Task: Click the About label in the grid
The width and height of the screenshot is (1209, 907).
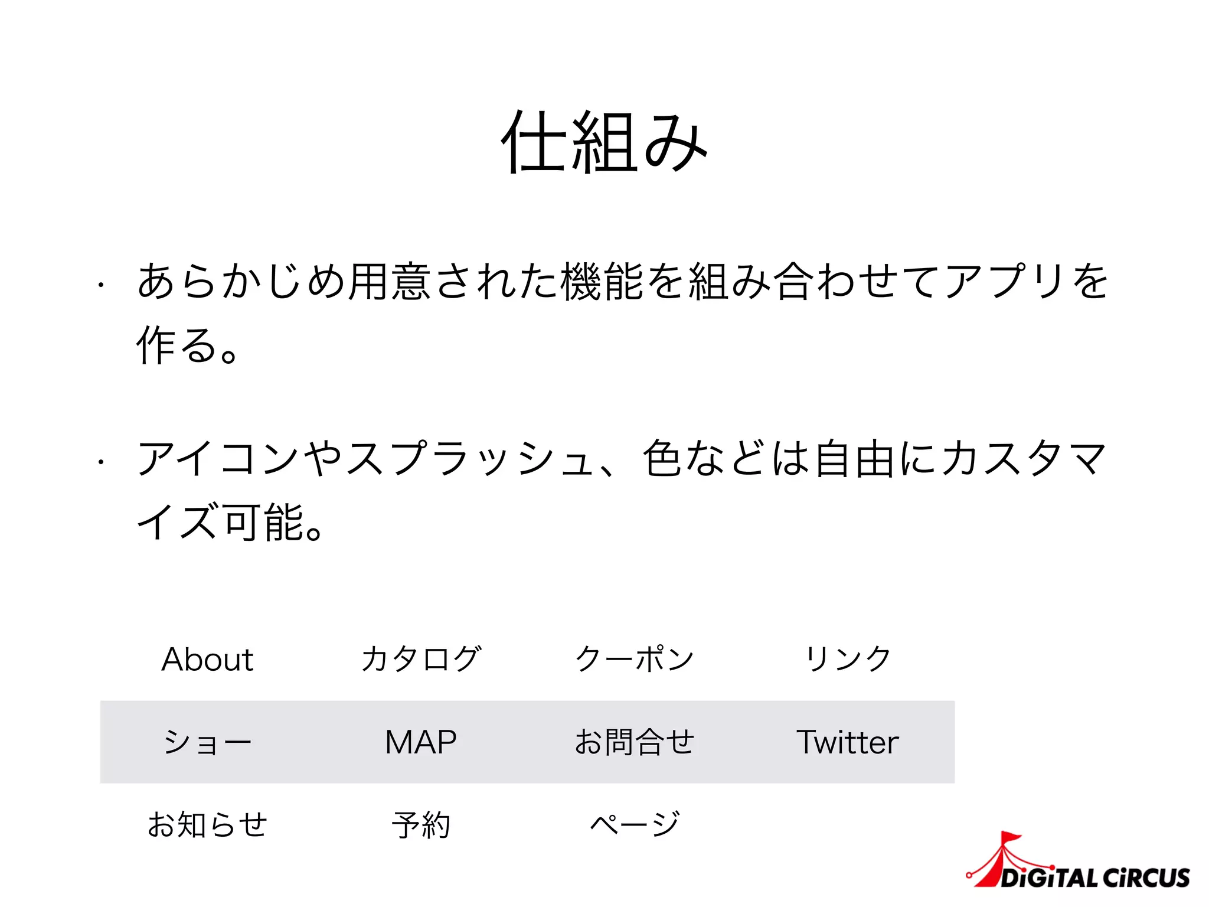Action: (207, 660)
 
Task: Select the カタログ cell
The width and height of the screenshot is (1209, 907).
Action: (421, 659)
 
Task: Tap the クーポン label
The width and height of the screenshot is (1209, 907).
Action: (635, 659)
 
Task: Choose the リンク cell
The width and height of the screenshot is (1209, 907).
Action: (848, 659)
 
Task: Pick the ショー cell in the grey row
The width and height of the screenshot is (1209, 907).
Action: (207, 742)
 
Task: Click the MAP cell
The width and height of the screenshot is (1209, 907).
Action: (421, 742)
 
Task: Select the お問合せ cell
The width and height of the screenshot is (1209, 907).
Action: (635, 742)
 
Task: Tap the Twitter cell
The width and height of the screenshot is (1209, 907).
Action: (848, 742)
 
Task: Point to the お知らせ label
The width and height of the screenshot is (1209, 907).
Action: (207, 825)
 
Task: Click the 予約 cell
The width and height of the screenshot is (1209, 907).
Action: (421, 825)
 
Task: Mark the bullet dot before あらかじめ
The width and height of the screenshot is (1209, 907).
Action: (102, 285)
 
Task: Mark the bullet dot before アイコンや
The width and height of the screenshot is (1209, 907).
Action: (102, 462)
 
